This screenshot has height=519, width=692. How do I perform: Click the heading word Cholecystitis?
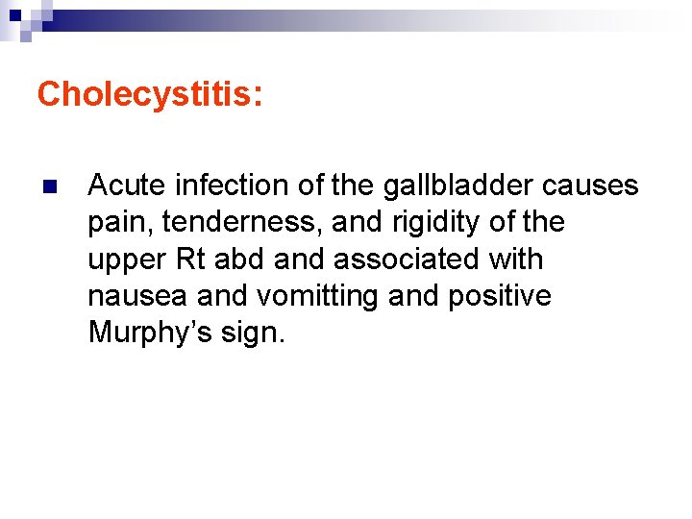pos(144,94)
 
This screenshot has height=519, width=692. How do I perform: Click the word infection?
pos(216,185)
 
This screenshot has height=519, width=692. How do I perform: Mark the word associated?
pos(408,259)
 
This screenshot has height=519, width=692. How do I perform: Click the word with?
pos(516,259)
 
